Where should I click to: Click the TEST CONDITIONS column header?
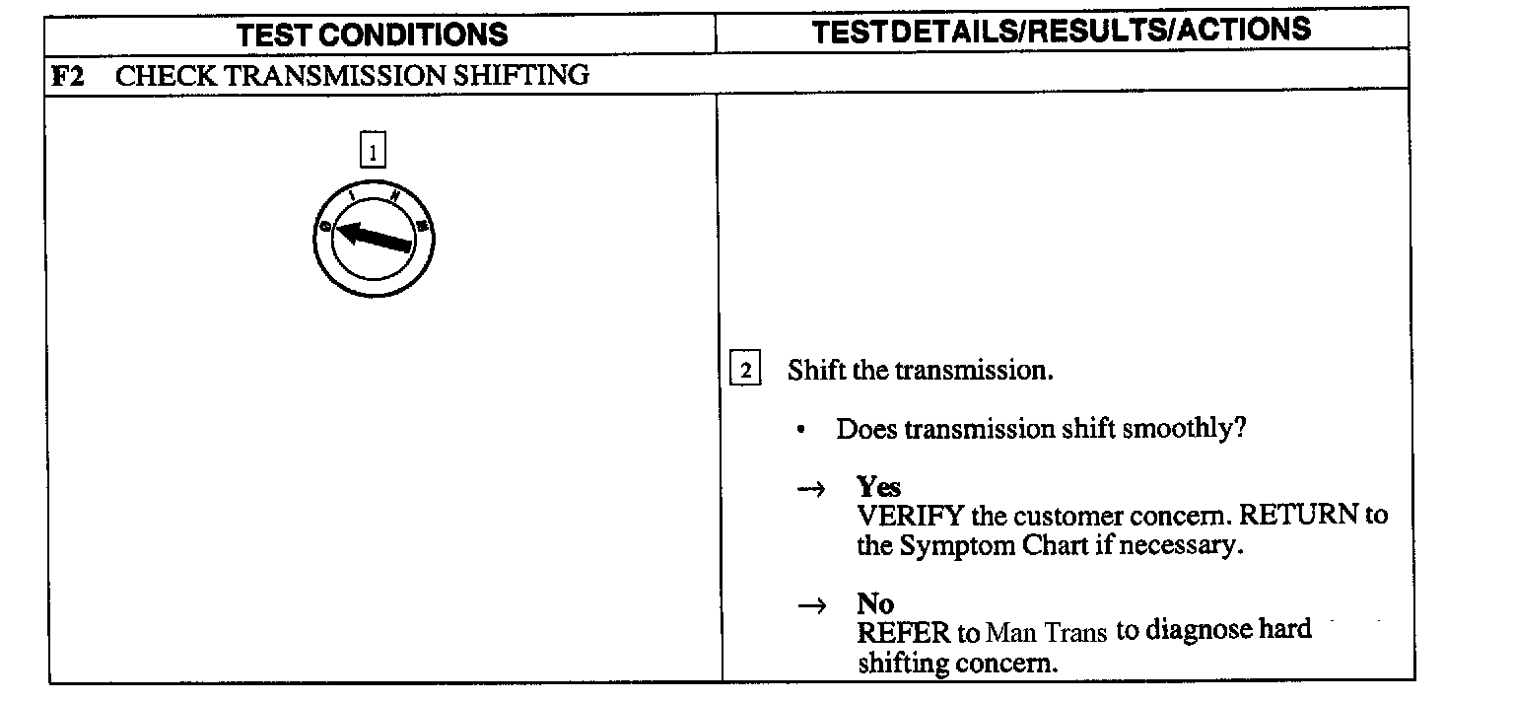(373, 35)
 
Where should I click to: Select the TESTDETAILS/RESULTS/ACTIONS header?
(1062, 31)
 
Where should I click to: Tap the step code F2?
(68, 76)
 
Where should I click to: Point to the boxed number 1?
(373, 153)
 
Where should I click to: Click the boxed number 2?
(745, 371)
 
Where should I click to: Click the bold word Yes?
(878, 487)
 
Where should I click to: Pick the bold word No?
(874, 603)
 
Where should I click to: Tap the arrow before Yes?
(809, 490)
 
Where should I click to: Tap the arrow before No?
(809, 606)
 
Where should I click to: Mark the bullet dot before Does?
(805, 431)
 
